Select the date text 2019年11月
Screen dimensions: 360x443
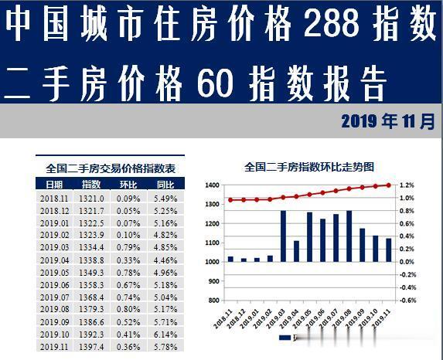(x=387, y=121)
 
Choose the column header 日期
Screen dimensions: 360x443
(x=54, y=185)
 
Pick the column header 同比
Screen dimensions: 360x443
(x=165, y=185)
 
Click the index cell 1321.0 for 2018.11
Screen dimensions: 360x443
(x=93, y=198)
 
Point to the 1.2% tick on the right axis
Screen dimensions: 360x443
(x=407, y=185)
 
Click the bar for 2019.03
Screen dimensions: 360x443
(x=284, y=236)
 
